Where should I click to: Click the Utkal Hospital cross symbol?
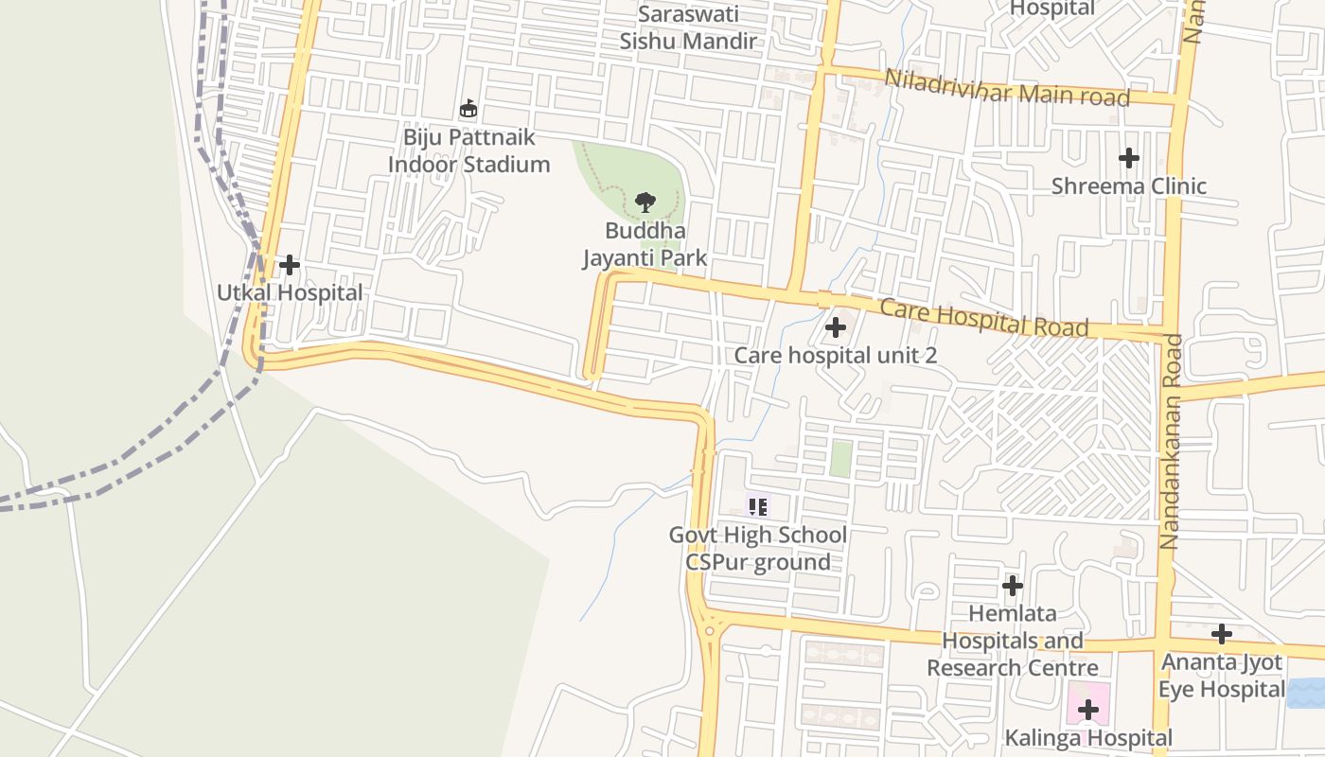click(290, 266)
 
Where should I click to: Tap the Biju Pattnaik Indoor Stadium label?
click(468, 150)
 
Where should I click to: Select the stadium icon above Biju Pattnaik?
click(468, 109)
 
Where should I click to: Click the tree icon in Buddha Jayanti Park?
click(645, 202)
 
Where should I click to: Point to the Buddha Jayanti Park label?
click(645, 244)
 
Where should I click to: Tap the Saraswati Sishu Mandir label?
click(688, 27)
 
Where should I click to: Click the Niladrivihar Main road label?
click(1007, 88)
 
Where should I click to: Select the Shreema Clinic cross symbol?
click(1128, 158)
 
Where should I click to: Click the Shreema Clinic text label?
click(1128, 185)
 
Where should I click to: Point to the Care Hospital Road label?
click(983, 318)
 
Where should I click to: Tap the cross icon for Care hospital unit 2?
click(836, 328)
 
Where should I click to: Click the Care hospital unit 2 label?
click(836, 355)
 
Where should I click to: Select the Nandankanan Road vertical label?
click(1171, 441)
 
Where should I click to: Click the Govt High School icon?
click(757, 506)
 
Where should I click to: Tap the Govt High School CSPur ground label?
click(757, 548)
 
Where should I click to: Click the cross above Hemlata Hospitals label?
click(1013, 586)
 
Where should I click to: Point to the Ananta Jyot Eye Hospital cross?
click(1222, 634)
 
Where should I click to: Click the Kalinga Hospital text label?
click(1088, 737)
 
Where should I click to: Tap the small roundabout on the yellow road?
click(709, 630)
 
